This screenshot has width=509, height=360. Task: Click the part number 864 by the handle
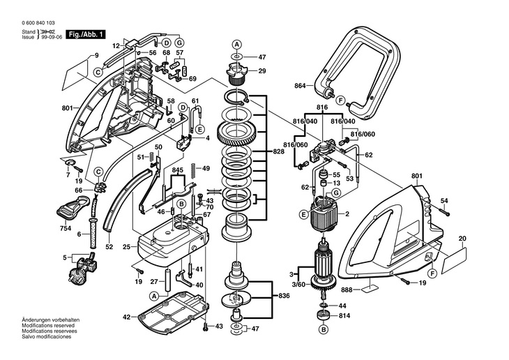tap(301, 85)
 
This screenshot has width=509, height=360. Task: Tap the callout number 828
tap(278, 151)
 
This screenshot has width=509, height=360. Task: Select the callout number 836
tap(284, 297)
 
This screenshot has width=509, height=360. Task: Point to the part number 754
tap(65, 227)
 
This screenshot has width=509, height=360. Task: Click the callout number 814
tap(344, 315)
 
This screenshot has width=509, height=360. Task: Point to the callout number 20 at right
tap(462, 239)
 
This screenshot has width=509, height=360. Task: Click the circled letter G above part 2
tap(335, 193)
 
